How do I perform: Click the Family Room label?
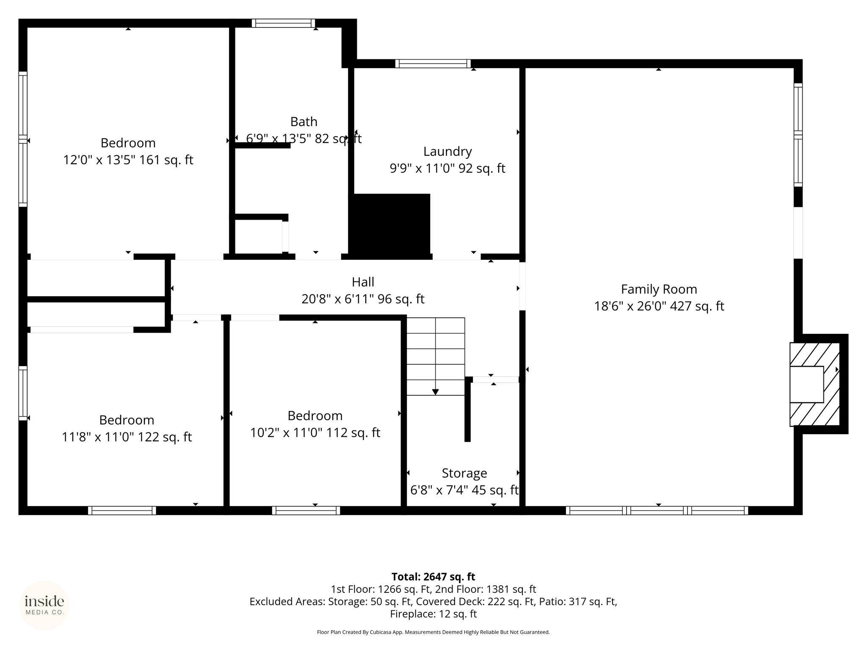pyautogui.click(x=659, y=289)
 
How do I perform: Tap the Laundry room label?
pyautogui.click(x=447, y=151)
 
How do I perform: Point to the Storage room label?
pyautogui.click(x=464, y=473)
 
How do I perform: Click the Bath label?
pyautogui.click(x=304, y=122)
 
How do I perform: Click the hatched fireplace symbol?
pyautogui.click(x=815, y=384)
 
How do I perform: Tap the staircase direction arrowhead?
pyautogui.click(x=435, y=392)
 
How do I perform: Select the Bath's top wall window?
pyautogui.click(x=283, y=23)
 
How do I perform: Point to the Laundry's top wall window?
pyautogui.click(x=433, y=63)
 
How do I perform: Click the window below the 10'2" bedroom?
pyautogui.click(x=306, y=510)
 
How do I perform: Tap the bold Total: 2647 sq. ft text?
pyautogui.click(x=433, y=577)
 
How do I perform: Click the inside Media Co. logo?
pyautogui.click(x=44, y=605)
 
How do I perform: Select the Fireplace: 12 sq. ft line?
pyautogui.click(x=433, y=614)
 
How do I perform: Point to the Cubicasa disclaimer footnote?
pyautogui.click(x=433, y=632)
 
